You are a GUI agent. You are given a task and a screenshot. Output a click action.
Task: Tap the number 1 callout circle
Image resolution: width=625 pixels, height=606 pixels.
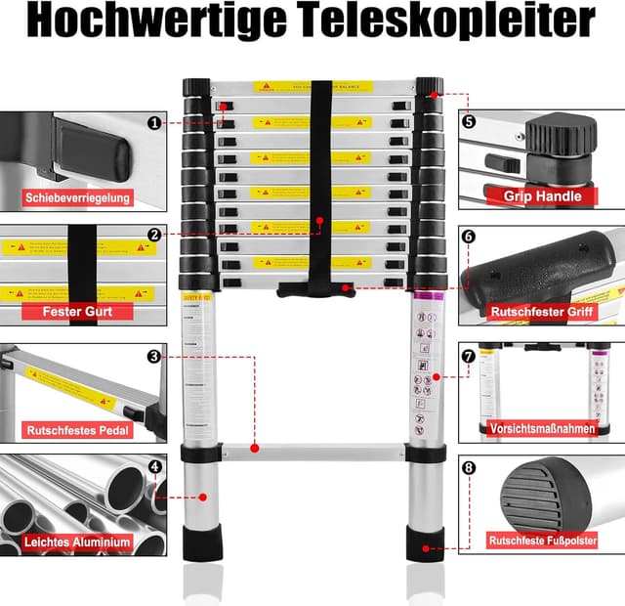pos(155,123)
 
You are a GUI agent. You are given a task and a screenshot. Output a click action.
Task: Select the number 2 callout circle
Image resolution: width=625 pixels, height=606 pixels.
pos(155,235)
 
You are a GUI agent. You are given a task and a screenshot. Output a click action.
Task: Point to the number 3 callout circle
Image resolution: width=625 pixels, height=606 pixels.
pos(155,357)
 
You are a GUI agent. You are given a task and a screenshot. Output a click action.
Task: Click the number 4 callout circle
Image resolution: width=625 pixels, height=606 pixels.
pos(155,466)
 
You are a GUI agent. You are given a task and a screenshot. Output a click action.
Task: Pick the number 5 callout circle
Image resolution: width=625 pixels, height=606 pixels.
pos(469,123)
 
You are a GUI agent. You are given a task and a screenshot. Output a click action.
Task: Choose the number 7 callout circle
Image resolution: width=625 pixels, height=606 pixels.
pos(469,357)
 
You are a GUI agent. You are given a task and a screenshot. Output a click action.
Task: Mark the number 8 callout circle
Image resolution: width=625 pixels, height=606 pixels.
pos(469,468)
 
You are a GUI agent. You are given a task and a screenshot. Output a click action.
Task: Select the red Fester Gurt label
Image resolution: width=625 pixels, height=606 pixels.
pos(78,312)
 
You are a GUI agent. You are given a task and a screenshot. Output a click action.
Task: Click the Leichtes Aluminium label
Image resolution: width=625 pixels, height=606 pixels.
pos(79,541)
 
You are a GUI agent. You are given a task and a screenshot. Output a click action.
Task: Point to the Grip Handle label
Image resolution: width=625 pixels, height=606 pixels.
pos(543,196)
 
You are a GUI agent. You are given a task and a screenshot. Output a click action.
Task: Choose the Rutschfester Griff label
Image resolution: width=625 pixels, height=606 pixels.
pos(542,313)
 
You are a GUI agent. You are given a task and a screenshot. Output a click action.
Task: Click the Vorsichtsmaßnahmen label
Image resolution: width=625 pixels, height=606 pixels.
pos(543,427)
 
